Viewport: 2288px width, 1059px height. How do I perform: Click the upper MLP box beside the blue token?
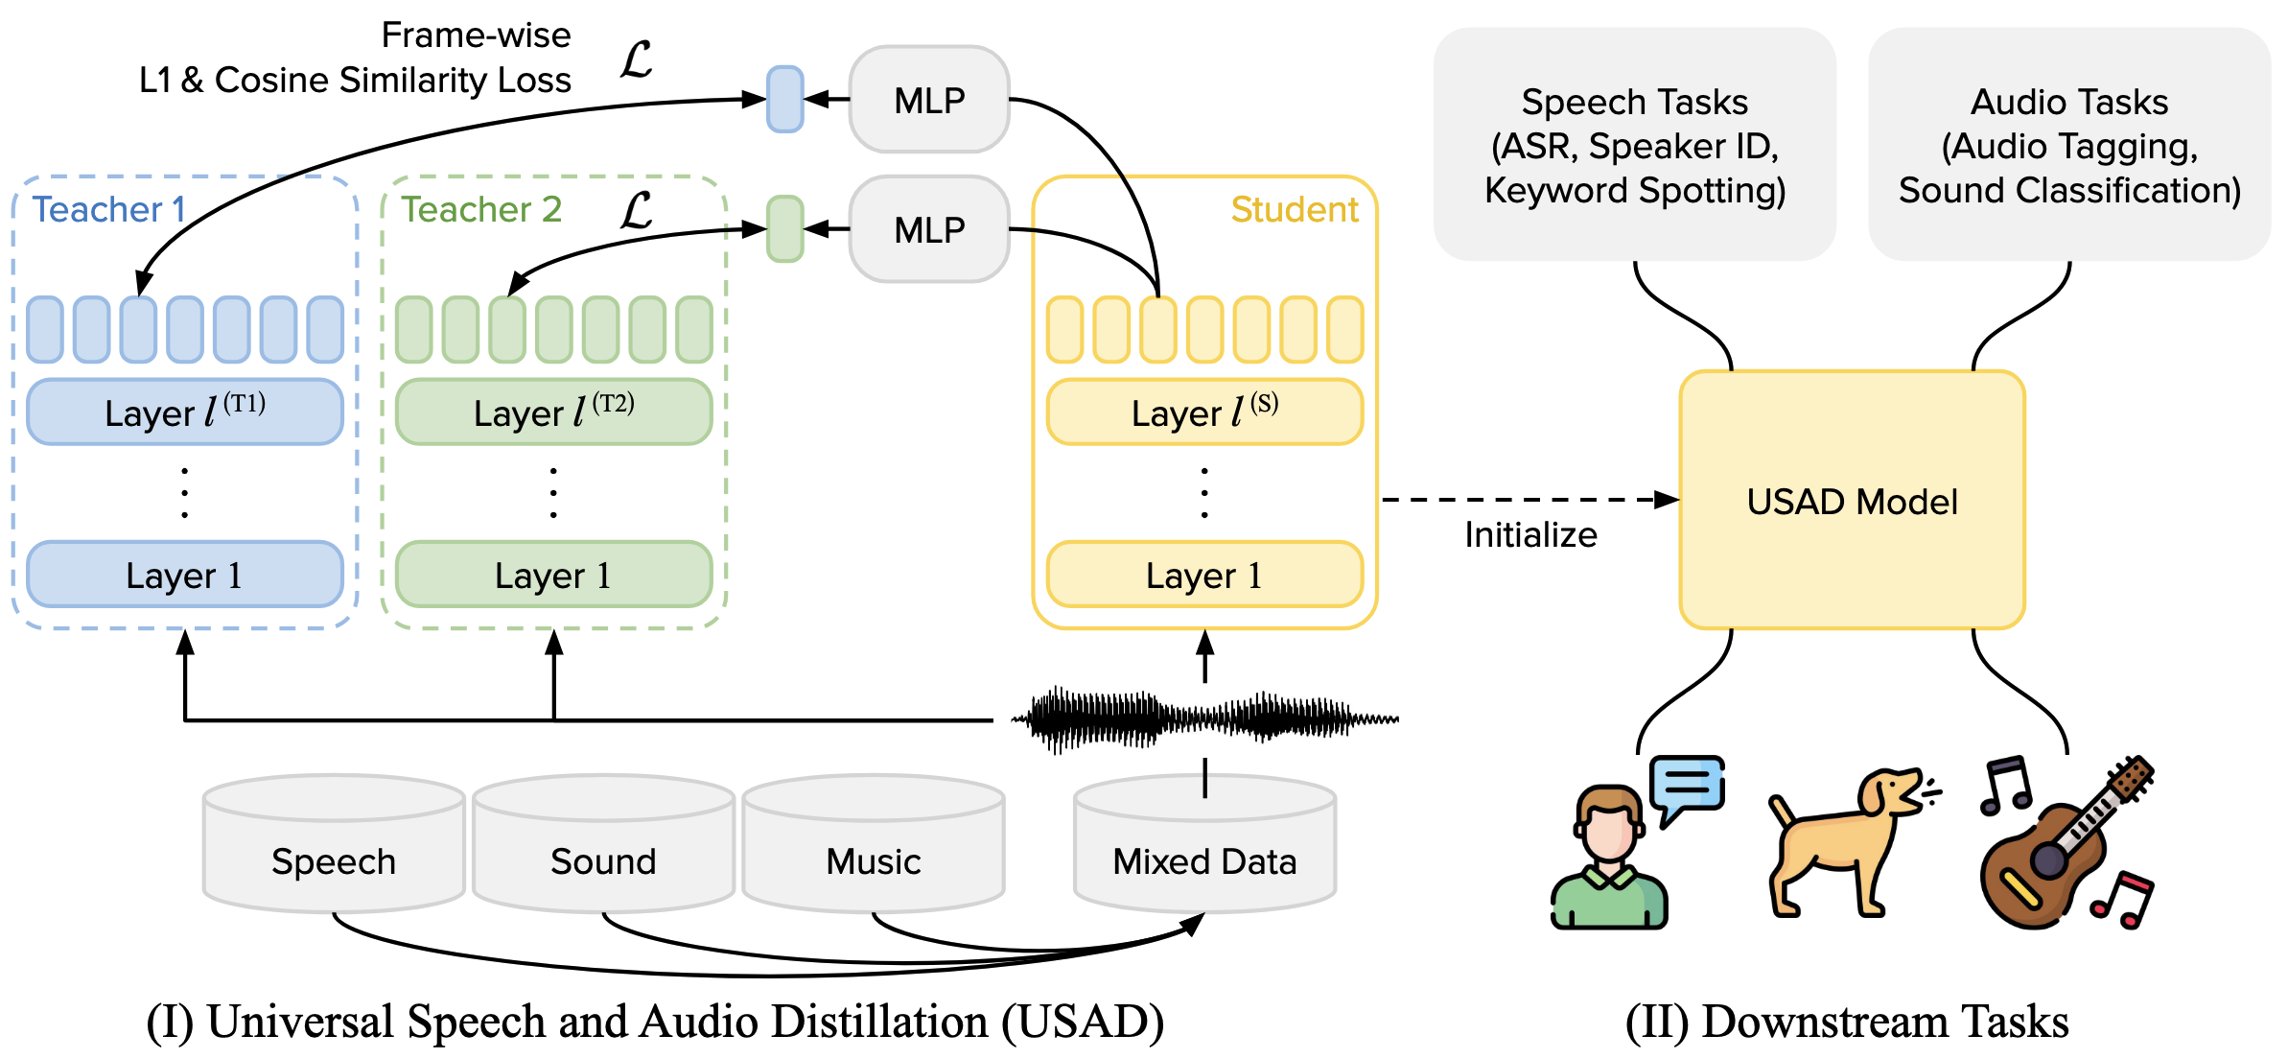tap(928, 100)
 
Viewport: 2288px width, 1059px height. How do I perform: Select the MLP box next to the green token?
tap(928, 229)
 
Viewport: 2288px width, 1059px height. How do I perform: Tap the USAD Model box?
tap(1852, 501)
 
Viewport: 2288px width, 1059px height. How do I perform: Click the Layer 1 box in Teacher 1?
tap(184, 575)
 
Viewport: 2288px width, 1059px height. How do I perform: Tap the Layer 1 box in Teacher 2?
tap(553, 575)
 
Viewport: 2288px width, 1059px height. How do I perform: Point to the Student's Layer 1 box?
tap(1204, 575)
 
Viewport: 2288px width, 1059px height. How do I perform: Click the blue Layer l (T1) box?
tap(184, 412)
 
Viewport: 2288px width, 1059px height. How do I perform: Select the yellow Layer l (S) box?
tap(1204, 412)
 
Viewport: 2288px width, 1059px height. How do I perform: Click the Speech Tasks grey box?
tap(1634, 144)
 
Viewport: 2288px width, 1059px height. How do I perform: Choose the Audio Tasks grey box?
tap(2069, 144)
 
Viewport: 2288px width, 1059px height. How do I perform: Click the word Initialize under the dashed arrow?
tap(1530, 535)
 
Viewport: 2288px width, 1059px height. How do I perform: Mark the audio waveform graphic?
tap(1204, 718)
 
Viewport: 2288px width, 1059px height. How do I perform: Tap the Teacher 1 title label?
tap(108, 209)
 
